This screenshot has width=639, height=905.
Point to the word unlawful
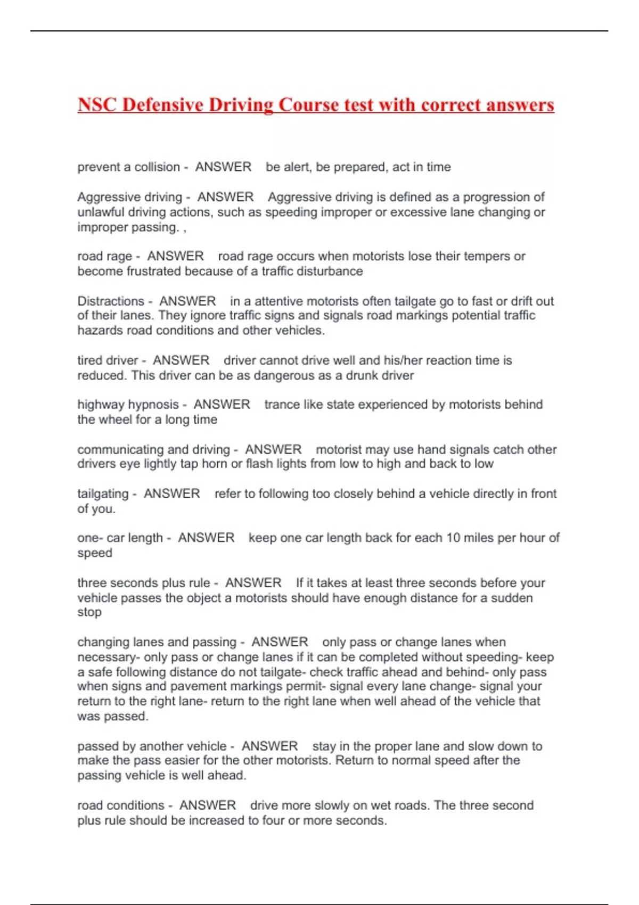click(x=101, y=212)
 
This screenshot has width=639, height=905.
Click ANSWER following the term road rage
click(x=175, y=256)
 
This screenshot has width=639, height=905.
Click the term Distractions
click(x=111, y=301)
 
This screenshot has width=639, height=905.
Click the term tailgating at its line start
click(x=103, y=493)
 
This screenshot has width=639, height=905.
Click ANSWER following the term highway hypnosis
click(x=222, y=405)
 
